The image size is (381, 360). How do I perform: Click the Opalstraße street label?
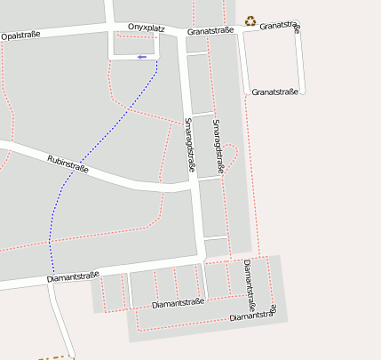(x=21, y=36)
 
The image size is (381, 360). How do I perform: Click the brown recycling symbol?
(x=250, y=20)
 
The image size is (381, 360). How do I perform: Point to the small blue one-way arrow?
(x=141, y=57)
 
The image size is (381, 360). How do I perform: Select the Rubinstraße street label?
(x=67, y=164)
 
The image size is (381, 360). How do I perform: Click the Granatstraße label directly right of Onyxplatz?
(x=210, y=30)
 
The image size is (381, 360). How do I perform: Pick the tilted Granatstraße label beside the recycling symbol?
(x=281, y=26)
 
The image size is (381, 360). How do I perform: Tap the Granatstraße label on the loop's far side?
(x=274, y=92)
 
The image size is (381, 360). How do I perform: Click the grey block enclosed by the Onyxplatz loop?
(x=134, y=44)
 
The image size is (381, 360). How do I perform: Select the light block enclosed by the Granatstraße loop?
(x=271, y=59)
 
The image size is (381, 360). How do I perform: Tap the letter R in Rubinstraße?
(x=50, y=156)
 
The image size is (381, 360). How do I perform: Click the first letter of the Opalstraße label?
(x=5, y=36)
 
